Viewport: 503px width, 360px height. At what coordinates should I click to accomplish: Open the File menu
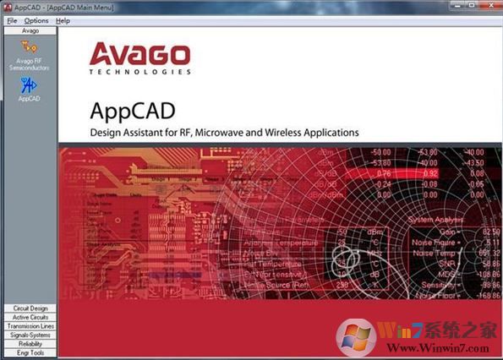(x=12, y=20)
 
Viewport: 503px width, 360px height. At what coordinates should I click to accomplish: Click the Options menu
(x=36, y=20)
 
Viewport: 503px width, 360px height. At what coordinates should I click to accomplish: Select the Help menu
(x=63, y=20)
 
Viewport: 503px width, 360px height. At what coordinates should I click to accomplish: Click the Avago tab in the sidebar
(x=30, y=30)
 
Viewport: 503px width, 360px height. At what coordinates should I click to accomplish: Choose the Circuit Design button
(x=30, y=308)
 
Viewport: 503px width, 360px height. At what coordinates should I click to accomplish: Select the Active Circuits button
(x=30, y=317)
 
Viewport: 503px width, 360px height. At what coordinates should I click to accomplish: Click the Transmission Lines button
(x=30, y=326)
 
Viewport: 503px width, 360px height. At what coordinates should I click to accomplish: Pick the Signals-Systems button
(x=30, y=335)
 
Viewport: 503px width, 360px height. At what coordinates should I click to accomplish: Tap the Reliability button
(x=30, y=344)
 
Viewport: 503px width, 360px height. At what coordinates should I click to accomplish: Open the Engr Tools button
(x=30, y=352)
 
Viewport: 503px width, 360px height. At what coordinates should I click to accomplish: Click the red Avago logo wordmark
(x=139, y=56)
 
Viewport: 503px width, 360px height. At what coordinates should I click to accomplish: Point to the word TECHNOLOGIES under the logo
(x=139, y=73)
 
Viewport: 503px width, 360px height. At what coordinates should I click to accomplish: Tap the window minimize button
(x=452, y=5)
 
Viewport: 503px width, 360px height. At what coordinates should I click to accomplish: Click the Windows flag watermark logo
(x=354, y=335)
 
